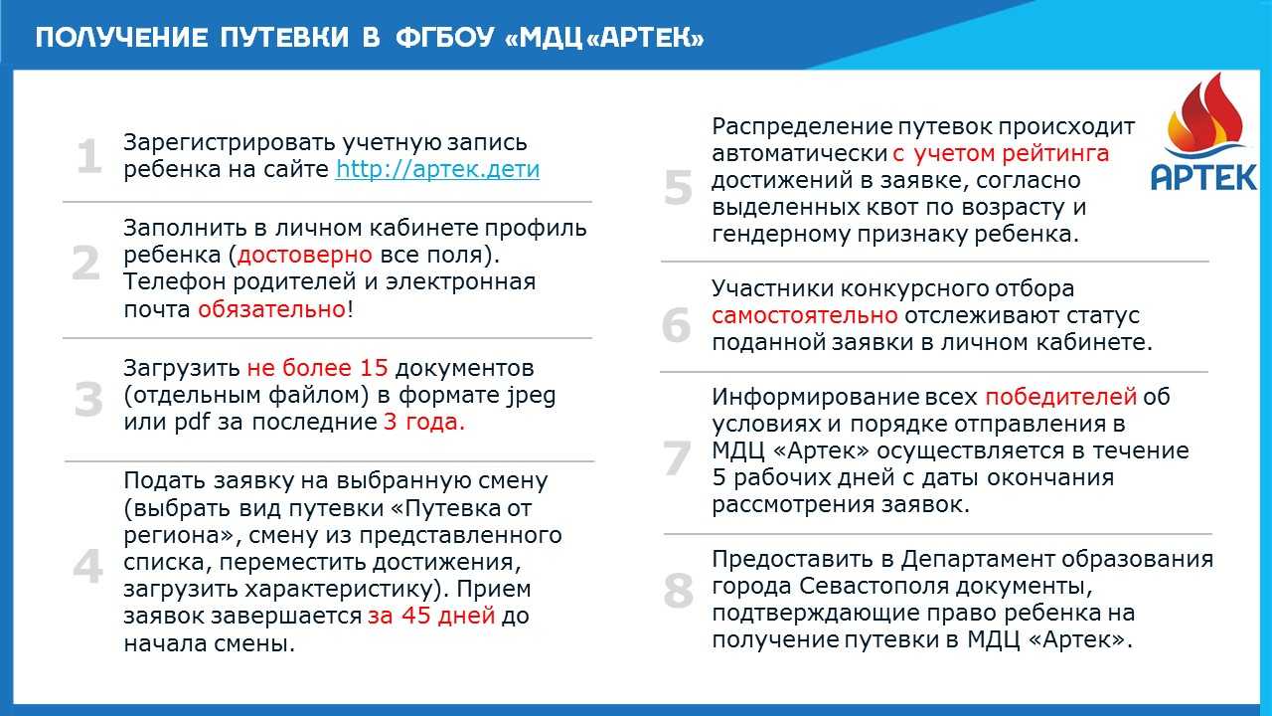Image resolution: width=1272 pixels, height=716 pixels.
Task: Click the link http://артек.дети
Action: pos(437,169)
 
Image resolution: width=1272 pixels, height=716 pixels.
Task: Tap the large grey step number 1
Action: pos(89,158)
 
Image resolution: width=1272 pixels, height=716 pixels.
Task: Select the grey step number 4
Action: pos(88,567)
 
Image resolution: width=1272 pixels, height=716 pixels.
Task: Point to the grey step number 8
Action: pos(678,592)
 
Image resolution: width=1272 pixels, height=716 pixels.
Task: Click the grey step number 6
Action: pos(677,325)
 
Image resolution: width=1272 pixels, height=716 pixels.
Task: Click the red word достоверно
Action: pos(305,255)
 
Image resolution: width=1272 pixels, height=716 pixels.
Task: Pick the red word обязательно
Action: pos(271,308)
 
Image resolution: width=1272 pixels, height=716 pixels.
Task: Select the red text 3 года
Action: pos(424,421)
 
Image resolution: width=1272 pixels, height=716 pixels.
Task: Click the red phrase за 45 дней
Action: pos(431,615)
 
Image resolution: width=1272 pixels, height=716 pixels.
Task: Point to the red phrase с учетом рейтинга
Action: pos(1001,154)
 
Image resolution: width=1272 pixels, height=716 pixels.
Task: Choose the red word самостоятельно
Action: pos(805,315)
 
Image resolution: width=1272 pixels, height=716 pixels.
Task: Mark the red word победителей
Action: pos(1060,397)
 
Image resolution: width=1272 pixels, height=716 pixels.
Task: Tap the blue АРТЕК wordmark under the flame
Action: pos(1203,177)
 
